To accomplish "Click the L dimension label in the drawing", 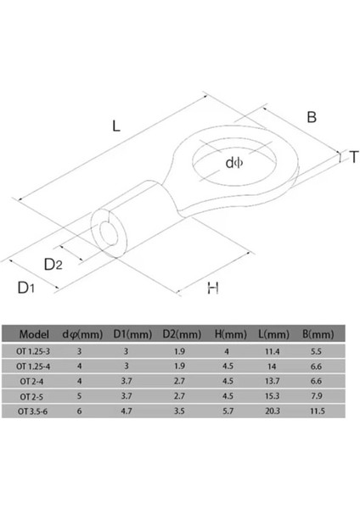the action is (116, 126).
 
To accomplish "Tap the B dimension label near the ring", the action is (312, 117).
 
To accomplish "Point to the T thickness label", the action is (354, 157).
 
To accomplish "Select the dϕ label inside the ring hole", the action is (234, 163).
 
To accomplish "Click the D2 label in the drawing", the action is (53, 265).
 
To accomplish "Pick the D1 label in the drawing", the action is (25, 288).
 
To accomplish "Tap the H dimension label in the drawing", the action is (213, 288).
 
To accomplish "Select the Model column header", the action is (34, 334).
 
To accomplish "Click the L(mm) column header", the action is (273, 334).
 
